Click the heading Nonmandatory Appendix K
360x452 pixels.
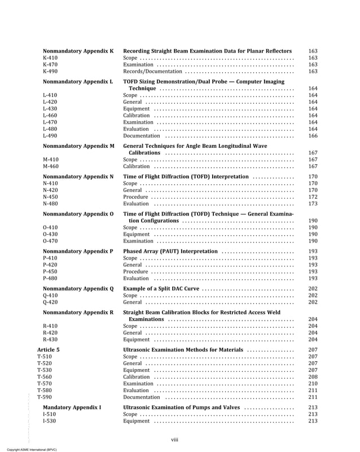78,51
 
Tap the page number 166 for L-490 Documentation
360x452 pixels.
313,136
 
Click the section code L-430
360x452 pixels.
50,109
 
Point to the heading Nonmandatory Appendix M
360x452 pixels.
78,146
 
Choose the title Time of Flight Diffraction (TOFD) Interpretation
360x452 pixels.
186,177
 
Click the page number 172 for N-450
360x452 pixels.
313,197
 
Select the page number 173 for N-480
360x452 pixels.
313,204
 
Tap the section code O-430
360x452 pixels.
50,234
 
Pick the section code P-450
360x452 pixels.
50,271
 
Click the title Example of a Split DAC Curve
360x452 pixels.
161,288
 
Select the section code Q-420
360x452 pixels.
50,302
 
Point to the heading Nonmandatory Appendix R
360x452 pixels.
78,311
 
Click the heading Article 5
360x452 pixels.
49,350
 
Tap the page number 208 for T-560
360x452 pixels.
313,377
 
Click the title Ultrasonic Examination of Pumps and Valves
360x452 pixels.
182,407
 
